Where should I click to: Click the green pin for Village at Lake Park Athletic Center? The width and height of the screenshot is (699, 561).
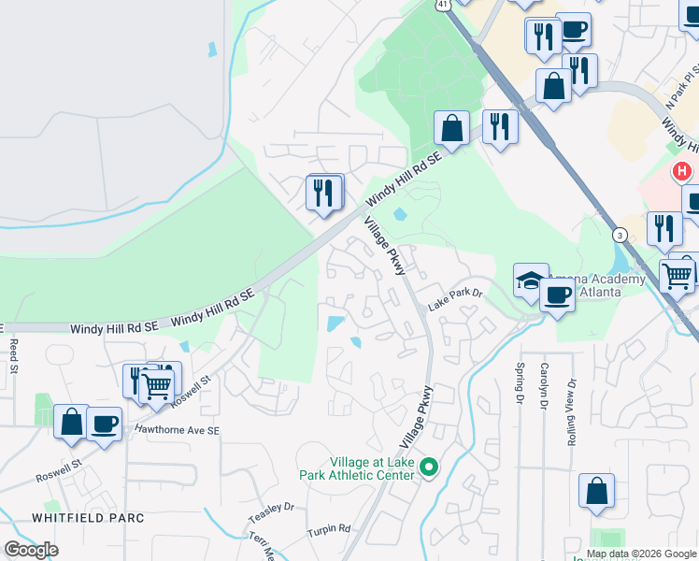429,466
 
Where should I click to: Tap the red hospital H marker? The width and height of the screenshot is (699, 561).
683,171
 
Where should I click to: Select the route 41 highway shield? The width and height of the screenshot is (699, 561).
442,5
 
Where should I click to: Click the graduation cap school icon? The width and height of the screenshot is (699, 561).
529,280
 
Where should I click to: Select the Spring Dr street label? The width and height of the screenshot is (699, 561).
520,384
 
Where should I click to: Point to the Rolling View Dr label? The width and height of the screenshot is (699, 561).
571,410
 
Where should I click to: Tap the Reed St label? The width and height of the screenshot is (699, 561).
14,356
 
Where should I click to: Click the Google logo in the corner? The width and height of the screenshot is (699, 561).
31,549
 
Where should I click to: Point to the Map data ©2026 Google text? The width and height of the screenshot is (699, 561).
641,554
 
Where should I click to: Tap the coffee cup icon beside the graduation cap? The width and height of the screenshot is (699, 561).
557,296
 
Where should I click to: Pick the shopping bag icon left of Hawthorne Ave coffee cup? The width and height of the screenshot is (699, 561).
72,422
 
